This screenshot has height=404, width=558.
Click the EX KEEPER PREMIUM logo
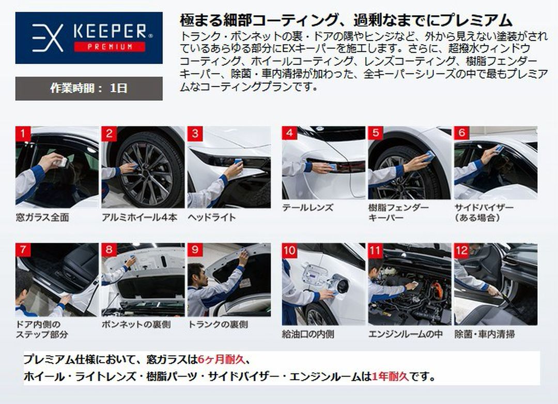click(89, 37)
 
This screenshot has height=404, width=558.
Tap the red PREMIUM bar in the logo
click(109, 46)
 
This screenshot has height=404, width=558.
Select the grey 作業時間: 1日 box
click(89, 88)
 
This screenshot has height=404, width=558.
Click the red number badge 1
click(23, 134)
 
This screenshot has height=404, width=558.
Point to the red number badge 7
click(23, 250)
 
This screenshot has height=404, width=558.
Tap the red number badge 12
click(461, 251)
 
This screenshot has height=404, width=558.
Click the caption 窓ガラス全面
click(42, 217)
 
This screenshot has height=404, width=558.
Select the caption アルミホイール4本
click(139, 217)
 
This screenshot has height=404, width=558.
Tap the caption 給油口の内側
click(308, 334)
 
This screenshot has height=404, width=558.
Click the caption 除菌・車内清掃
click(485, 334)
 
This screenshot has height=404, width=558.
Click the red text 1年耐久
click(390, 377)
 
